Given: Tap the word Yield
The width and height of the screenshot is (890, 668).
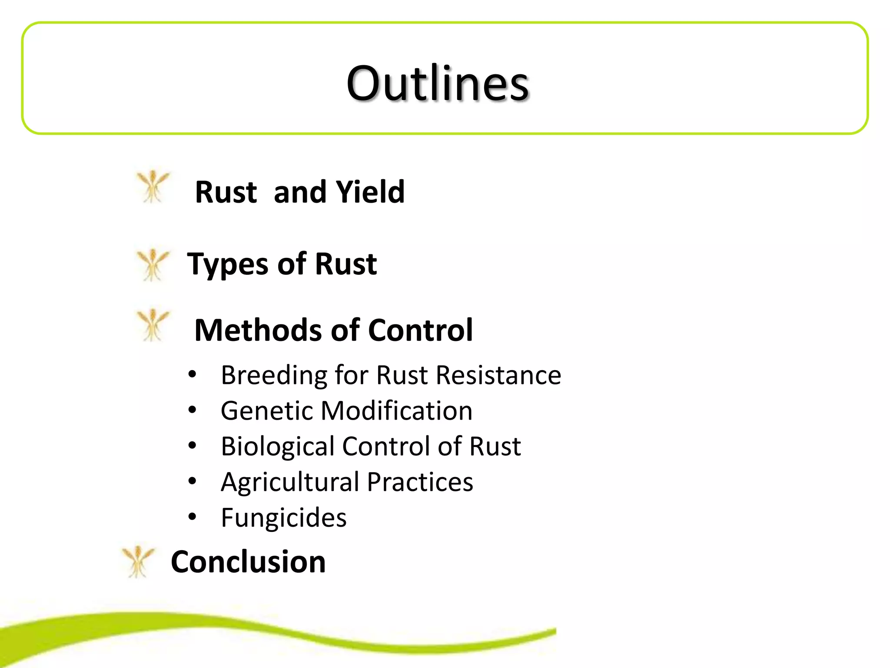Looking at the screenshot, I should tap(370, 192).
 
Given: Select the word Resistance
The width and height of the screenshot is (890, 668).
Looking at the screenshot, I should tap(498, 375).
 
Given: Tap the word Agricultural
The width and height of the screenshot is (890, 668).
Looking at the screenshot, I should tap(290, 482).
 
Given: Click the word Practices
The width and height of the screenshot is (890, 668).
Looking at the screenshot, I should tap(420, 482).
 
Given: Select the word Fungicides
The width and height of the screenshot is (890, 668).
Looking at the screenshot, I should tap(284, 518).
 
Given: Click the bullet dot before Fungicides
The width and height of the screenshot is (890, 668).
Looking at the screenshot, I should tap(193, 517).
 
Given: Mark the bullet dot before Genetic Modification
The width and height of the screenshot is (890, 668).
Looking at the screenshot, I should tap(193, 410).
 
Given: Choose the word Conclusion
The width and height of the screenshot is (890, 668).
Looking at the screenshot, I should tap(248, 562).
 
